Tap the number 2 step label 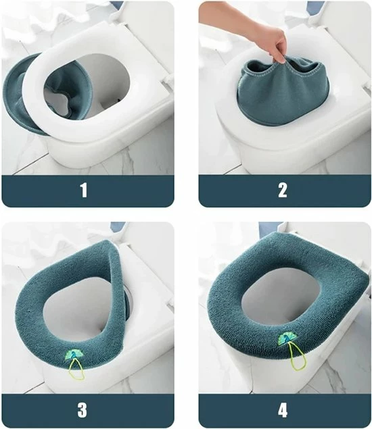[x=283, y=191]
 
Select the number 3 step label [x=83, y=409]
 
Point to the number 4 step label [x=283, y=409]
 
